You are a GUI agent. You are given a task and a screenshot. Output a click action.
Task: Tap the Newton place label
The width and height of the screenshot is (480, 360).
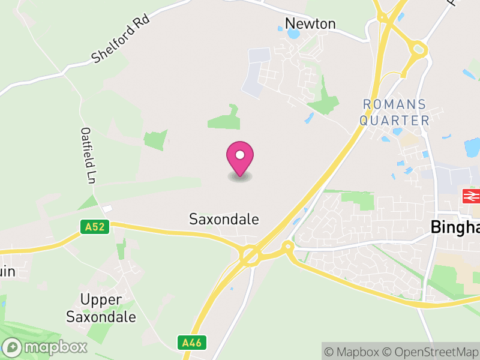pyautogui.click(x=310, y=23)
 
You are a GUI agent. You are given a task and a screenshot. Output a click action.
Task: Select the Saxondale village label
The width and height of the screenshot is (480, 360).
pyautogui.click(x=224, y=219)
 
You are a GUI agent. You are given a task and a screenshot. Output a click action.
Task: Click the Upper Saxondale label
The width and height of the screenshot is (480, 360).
pyautogui.click(x=101, y=308)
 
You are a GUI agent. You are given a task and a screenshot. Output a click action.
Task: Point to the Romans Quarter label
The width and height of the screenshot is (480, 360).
pyautogui.click(x=395, y=112)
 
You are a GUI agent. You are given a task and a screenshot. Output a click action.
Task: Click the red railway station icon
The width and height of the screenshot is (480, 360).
pyautogui.click(x=471, y=196)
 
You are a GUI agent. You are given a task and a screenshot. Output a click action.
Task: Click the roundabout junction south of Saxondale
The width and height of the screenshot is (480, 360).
pyautogui.click(x=249, y=255)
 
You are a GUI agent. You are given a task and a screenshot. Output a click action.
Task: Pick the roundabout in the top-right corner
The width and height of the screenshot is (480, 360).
pyautogui.click(x=417, y=49)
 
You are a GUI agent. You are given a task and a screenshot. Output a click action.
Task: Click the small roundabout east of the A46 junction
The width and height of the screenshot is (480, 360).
pyautogui.click(x=287, y=246)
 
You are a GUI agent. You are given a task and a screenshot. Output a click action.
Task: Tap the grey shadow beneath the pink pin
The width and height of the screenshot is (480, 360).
pyautogui.click(x=240, y=177)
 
